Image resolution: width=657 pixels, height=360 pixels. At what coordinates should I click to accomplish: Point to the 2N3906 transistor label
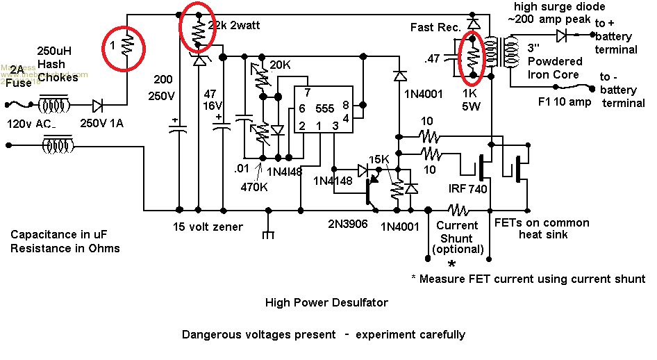348,225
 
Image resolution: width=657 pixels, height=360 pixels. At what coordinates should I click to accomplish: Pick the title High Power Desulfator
326,302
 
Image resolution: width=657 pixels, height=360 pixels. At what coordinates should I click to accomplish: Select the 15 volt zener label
208,226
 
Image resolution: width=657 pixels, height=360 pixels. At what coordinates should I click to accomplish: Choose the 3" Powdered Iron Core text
553,60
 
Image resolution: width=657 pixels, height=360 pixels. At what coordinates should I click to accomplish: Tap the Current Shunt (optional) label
456,236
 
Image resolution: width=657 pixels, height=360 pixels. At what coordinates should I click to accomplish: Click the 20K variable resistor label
280,65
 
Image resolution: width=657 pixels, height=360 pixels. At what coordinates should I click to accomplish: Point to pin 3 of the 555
335,127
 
